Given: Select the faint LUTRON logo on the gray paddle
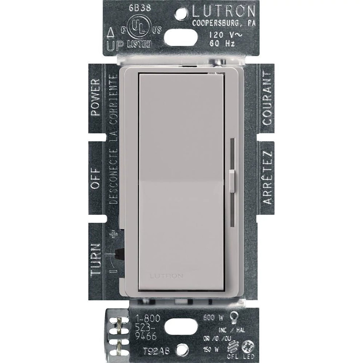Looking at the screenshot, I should (x=167, y=276).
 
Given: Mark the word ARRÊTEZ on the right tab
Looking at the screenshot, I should (x=267, y=177).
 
